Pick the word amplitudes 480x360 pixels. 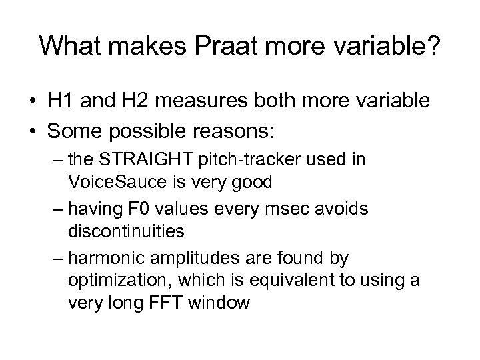(x=189, y=256)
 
